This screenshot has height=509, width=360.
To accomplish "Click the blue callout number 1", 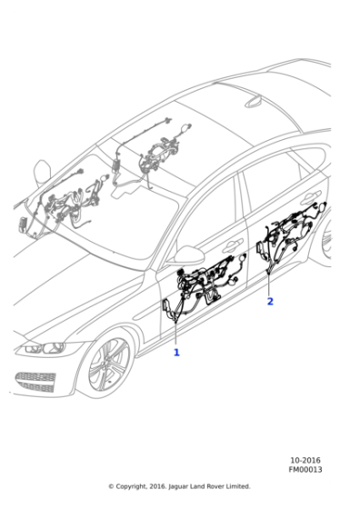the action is (x=176, y=353).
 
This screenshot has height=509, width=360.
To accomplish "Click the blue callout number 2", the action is (x=270, y=301).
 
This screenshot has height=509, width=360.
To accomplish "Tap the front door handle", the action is (x=233, y=245).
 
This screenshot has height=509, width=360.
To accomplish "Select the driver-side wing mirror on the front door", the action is (x=186, y=254).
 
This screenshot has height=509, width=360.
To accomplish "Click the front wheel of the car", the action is (x=109, y=364).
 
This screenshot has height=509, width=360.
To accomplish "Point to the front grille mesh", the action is (x=35, y=382).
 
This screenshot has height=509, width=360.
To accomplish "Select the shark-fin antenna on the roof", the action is (x=254, y=101).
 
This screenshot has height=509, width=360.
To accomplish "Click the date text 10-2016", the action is (x=305, y=460).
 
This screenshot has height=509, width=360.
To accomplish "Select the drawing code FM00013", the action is (x=305, y=470).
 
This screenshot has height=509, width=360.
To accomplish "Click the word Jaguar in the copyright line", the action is (x=178, y=486).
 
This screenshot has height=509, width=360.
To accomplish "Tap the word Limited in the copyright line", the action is (x=238, y=486).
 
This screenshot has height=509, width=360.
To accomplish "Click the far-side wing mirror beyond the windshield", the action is (x=42, y=172).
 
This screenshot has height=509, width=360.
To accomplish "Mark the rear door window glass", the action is (x=273, y=185).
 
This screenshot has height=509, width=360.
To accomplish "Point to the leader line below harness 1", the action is (x=175, y=334).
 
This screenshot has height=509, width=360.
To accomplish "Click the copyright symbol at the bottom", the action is (x=111, y=486).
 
